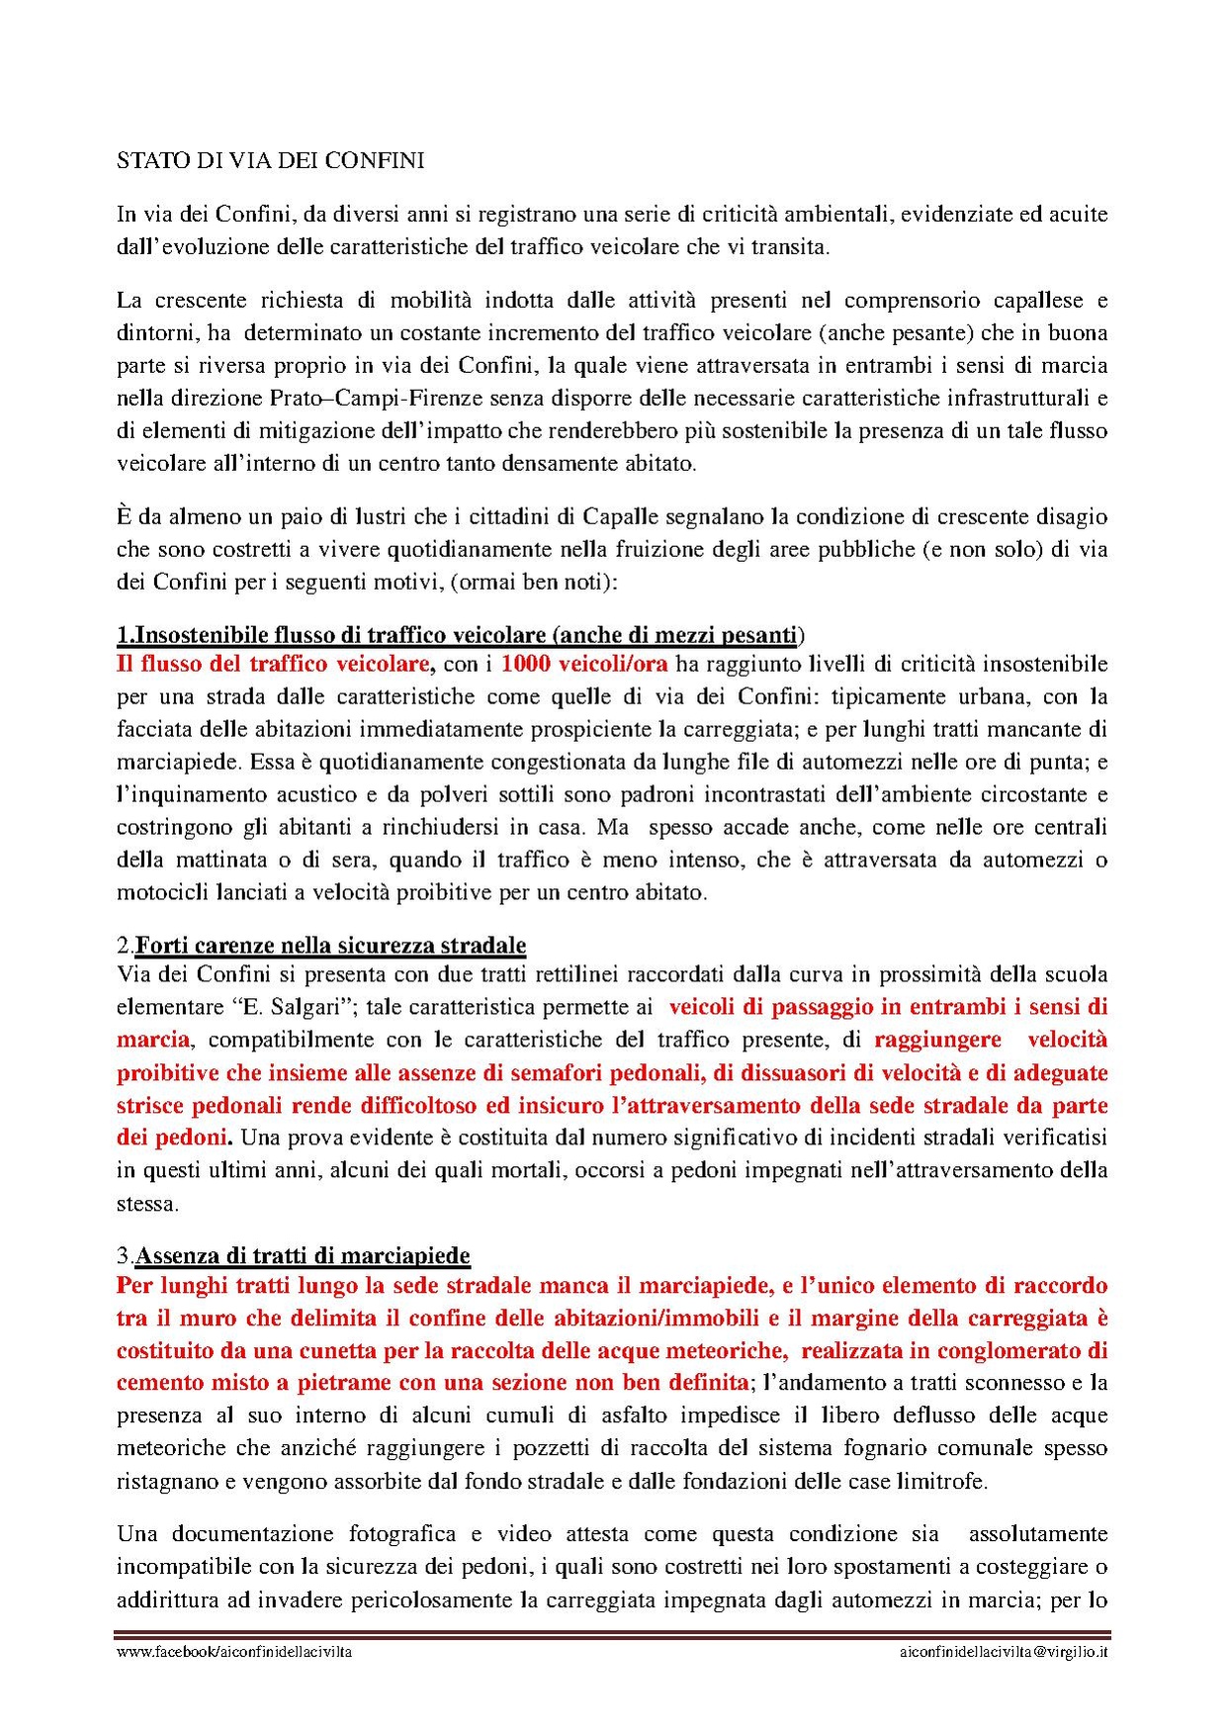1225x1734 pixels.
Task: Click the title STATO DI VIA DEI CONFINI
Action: [x=270, y=161]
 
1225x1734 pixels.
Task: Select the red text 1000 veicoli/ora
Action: [x=584, y=664]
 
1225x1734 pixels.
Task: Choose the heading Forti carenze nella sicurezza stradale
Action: [x=330, y=946]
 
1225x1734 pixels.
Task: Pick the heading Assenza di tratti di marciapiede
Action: [x=303, y=1256]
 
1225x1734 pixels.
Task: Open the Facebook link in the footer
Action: [x=234, y=1652]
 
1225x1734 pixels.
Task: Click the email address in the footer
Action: [x=1004, y=1652]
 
